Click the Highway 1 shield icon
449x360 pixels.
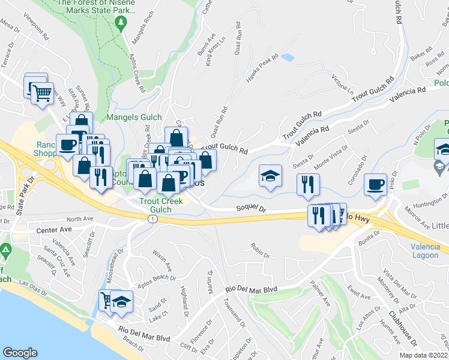point(154,220)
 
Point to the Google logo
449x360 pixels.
point(20,353)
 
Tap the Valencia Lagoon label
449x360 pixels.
point(426,251)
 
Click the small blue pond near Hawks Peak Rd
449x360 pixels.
point(287,58)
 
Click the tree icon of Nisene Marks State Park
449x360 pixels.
point(122,23)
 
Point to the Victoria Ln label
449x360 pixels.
point(342,84)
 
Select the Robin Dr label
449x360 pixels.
point(261,250)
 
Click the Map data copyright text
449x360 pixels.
point(424,355)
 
